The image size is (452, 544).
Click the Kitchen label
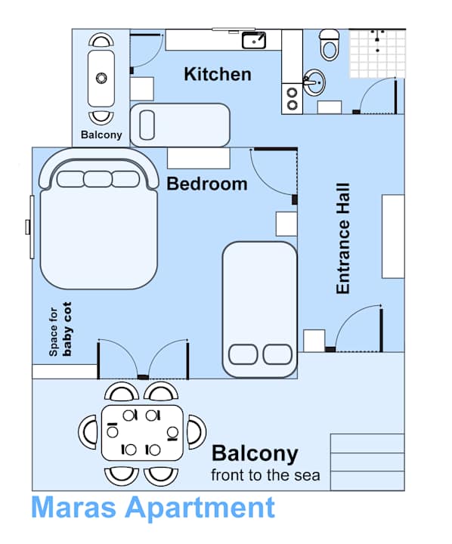click(x=218, y=74)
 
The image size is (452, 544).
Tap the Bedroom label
click(x=206, y=184)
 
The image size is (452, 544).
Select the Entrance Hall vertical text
click(x=343, y=238)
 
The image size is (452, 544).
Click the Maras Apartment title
click(x=153, y=507)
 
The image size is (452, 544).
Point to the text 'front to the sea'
click(x=265, y=475)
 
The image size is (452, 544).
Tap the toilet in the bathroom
click(x=329, y=45)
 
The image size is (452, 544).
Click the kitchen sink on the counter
click(x=253, y=40)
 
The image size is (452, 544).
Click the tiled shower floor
click(x=376, y=52)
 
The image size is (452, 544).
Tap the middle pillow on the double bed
click(x=98, y=179)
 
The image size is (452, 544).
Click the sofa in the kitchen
click(x=179, y=125)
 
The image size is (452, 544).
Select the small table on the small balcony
click(x=101, y=77)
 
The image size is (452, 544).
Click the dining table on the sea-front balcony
click(x=142, y=433)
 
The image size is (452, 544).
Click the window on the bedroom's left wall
click(x=29, y=227)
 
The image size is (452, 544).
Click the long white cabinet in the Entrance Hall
click(x=393, y=236)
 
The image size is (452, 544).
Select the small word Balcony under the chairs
click(x=101, y=135)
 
